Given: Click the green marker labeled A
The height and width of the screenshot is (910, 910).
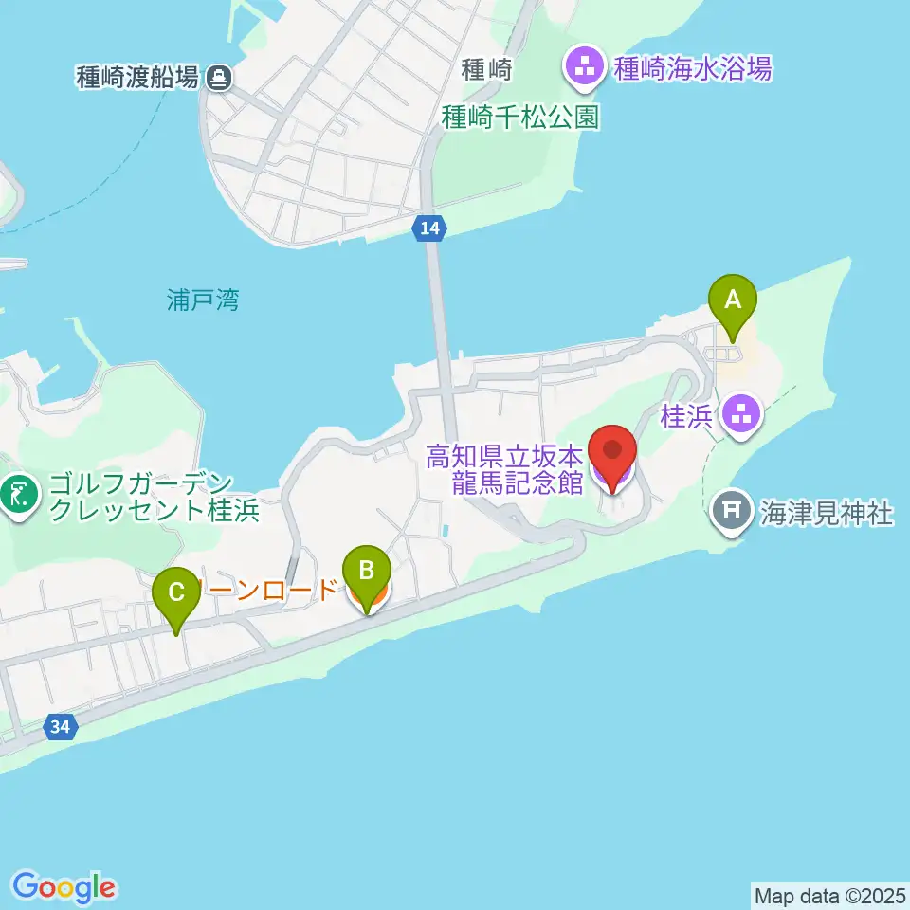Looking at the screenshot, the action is pyautogui.click(x=733, y=302).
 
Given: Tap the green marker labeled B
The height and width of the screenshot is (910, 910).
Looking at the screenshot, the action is pyautogui.click(x=367, y=573).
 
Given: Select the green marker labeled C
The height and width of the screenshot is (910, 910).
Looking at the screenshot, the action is pyautogui.click(x=176, y=594).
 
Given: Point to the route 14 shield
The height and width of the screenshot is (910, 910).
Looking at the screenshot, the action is pyautogui.click(x=428, y=227).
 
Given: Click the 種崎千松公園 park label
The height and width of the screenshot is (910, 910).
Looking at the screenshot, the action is pyautogui.click(x=521, y=117).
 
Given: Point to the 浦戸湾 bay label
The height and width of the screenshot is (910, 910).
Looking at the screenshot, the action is pyautogui.click(x=196, y=301).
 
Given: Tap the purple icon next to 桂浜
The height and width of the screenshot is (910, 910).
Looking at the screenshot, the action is pyautogui.click(x=739, y=413).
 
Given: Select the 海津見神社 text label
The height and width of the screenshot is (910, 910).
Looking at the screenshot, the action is pyautogui.click(x=826, y=514).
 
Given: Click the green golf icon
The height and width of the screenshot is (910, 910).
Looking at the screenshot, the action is pyautogui.click(x=17, y=493).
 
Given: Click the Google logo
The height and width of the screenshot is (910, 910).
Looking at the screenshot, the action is pyautogui.click(x=64, y=887).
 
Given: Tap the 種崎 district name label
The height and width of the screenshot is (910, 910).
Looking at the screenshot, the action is pyautogui.click(x=487, y=69).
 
